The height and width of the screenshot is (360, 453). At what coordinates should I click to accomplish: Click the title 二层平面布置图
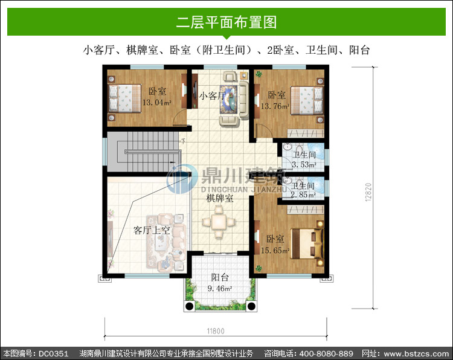pos(226,22)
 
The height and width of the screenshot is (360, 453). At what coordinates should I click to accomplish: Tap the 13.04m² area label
pos(157,102)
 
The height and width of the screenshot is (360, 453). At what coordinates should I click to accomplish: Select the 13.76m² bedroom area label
pos(275,106)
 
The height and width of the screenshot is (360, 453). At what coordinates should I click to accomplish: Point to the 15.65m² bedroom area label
pos(275,251)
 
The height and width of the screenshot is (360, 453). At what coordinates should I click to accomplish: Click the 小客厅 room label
pos(213,95)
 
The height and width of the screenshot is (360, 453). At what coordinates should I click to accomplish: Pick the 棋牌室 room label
pos(220,198)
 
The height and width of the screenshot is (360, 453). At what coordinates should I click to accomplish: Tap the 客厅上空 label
pos(152,230)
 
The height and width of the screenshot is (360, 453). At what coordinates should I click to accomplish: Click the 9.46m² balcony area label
pos(220,288)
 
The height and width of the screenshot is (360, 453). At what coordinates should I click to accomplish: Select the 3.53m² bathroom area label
pos(304,165)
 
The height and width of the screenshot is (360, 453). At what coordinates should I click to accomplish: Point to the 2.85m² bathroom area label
pos(303,194)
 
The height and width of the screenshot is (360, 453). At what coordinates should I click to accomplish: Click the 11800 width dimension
pos(216,331)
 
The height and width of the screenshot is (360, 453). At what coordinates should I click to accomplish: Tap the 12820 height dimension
pos(368,192)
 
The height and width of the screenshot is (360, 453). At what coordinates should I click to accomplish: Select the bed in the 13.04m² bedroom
pos(124,98)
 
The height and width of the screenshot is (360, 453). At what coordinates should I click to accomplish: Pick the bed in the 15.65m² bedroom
pos(307,243)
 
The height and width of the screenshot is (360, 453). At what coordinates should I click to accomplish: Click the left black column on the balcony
pos(189,306)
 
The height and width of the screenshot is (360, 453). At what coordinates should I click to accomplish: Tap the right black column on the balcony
pos(251,306)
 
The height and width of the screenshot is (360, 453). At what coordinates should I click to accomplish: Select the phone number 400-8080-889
pos(326,353)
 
